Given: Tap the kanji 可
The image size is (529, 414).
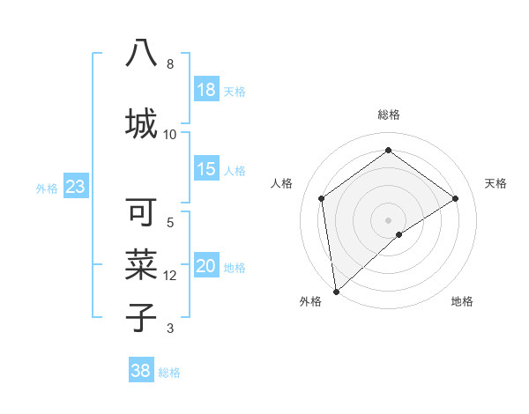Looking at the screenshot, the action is [x=141, y=212].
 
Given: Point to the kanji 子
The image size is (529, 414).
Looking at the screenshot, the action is [x=141, y=316].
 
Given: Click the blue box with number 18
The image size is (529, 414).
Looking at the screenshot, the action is [x=206, y=90].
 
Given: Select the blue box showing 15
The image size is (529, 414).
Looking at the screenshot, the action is [x=206, y=169].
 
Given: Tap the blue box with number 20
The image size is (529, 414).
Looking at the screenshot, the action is [x=206, y=266].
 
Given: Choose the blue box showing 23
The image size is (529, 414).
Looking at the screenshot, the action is [x=75, y=187].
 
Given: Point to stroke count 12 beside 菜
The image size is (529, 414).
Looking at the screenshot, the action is [x=170, y=276].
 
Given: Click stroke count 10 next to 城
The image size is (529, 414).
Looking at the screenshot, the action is [x=170, y=134].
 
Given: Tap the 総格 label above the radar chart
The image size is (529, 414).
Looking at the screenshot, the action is [x=389, y=115].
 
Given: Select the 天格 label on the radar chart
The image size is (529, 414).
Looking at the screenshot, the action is [x=495, y=183].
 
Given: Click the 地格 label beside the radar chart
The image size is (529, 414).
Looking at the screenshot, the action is [x=462, y=301].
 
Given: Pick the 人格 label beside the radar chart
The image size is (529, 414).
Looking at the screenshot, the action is [x=282, y=183].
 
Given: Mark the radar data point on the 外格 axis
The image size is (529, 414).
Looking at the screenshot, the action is [x=336, y=291].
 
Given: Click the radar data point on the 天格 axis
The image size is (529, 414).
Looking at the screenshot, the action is [x=455, y=198].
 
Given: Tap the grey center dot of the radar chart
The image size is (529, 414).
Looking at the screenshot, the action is [x=389, y=219].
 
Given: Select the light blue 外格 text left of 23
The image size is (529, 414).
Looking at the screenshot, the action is [x=46, y=188].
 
